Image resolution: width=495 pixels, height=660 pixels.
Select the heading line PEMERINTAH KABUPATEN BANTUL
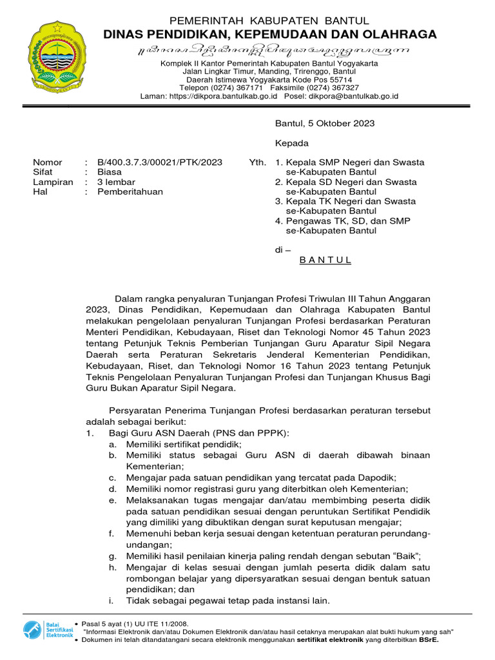(x=269, y=21)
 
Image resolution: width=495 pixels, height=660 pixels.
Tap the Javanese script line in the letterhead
(x=269, y=50)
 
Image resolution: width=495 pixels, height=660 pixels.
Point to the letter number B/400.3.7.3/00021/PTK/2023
(x=160, y=162)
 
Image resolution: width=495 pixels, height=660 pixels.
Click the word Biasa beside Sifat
(x=110, y=172)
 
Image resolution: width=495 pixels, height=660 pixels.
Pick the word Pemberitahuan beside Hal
(x=130, y=191)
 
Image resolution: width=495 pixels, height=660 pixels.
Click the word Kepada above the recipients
(x=292, y=143)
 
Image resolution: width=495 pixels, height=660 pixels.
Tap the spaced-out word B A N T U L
(x=325, y=260)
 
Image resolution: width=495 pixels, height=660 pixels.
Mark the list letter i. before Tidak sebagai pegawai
(x=112, y=601)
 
